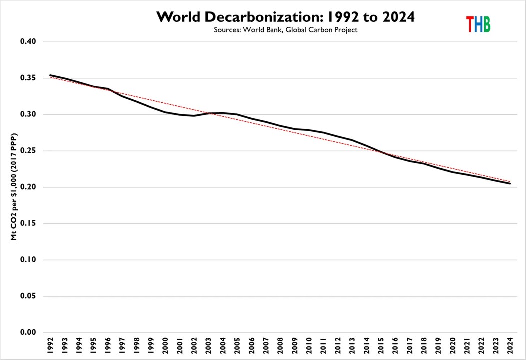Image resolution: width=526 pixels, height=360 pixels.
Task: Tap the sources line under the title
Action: (286, 30)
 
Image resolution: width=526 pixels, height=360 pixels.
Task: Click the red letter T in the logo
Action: (470, 24)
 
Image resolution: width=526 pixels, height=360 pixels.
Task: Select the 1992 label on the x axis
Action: (51, 345)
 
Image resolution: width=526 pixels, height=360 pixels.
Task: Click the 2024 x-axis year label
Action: (509, 345)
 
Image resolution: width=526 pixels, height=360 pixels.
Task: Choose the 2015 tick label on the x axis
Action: (380, 345)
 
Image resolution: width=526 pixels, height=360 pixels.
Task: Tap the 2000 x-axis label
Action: (165, 345)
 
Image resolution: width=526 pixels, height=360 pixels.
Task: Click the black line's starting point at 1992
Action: (50, 75)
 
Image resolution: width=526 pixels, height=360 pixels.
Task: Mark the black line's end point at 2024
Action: (509, 183)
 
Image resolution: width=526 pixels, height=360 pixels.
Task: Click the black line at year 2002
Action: (194, 116)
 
